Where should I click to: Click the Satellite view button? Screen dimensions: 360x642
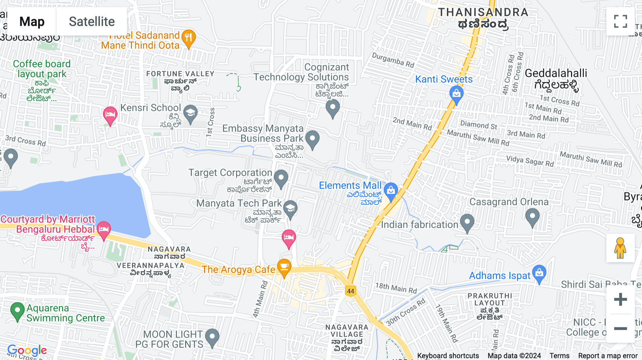tap(92, 21)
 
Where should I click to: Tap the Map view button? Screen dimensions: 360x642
tap(32, 21)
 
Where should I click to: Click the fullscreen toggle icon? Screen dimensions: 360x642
tap(620, 21)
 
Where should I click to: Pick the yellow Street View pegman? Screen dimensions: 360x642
tap(620, 248)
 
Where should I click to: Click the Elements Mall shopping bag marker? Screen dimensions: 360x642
tap(391, 191)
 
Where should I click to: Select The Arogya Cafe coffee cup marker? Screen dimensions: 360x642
tap(284, 267)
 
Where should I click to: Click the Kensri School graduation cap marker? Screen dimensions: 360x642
tap(190, 113)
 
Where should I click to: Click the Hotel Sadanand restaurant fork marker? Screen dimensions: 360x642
tap(189, 37)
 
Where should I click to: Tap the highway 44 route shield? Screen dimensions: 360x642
tap(351, 291)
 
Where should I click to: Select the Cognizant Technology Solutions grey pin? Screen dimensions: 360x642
tap(332, 108)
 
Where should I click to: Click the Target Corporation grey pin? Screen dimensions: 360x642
tap(281, 178)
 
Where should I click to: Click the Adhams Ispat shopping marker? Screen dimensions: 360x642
tap(539, 273)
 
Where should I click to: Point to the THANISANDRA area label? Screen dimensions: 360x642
tap(483, 12)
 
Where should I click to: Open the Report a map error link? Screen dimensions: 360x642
tap(608, 356)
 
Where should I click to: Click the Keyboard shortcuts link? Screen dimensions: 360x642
tap(448, 356)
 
